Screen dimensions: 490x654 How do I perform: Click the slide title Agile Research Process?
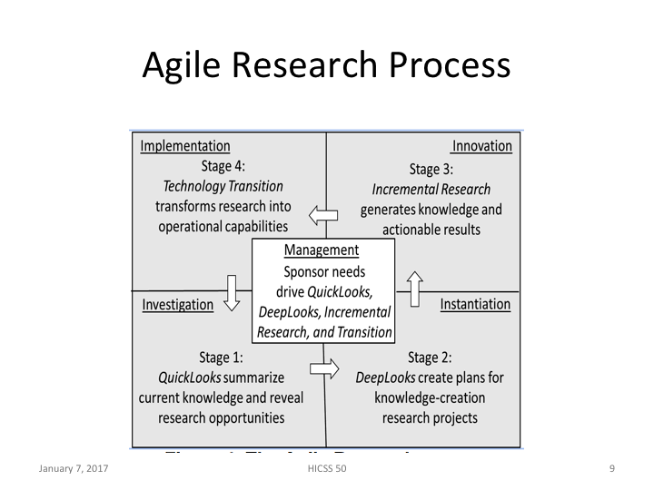(x=326, y=65)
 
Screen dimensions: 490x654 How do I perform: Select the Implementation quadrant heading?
(x=185, y=146)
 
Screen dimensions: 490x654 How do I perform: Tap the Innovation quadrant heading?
(x=482, y=146)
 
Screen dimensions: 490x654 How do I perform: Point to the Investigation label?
(x=178, y=305)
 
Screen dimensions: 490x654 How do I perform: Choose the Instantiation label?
(x=475, y=305)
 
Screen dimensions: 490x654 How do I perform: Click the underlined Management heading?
(x=322, y=250)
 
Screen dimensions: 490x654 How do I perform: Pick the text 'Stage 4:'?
(x=223, y=166)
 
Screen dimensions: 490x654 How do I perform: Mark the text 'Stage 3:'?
(x=431, y=169)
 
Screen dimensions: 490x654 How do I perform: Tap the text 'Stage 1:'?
(x=221, y=358)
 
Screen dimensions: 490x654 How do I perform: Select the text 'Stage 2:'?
(x=430, y=358)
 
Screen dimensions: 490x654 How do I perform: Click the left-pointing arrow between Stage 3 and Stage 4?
(x=322, y=215)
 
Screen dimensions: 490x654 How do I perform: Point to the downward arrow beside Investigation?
(x=232, y=293)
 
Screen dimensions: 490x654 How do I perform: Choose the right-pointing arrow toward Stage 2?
(x=323, y=368)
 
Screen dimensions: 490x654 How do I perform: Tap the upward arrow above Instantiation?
(x=415, y=289)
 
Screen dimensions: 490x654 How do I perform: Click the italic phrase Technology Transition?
(x=223, y=186)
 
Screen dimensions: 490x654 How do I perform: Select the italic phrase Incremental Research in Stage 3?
(x=431, y=190)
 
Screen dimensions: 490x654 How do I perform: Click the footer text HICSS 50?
(x=326, y=468)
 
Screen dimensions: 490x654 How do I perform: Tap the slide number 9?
(x=612, y=468)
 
